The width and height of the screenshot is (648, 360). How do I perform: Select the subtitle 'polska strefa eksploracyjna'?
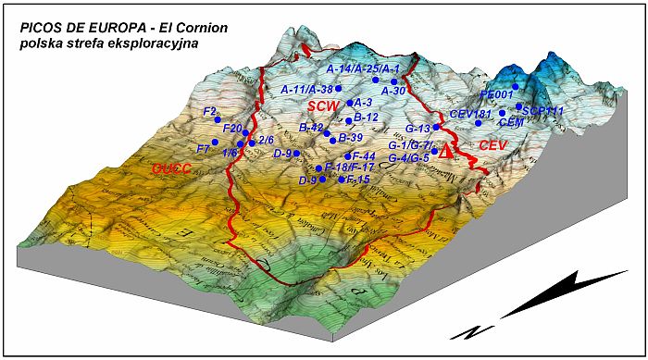pyautogui.click(x=109, y=43)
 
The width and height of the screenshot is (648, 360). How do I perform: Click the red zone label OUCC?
pyautogui.click(x=173, y=169)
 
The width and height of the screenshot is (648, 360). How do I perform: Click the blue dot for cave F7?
pyautogui.click(x=214, y=143)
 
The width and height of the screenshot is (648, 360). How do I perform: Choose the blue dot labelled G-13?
pyautogui.click(x=436, y=128)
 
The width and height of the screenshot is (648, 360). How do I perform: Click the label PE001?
pyautogui.click(x=497, y=94)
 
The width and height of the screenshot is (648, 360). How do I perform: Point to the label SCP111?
pyautogui.click(x=542, y=110)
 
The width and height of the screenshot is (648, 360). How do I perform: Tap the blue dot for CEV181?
pyautogui.click(x=478, y=123)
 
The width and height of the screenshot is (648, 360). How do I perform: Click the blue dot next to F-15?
pyautogui.click(x=342, y=180)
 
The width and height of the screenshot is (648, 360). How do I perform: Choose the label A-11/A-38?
pyautogui.click(x=306, y=89)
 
